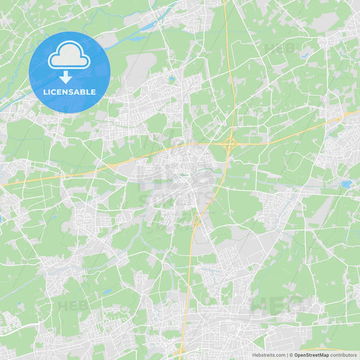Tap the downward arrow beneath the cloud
[x=66, y=77]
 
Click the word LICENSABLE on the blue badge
[x=69, y=91]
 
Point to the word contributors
[x=344, y=355]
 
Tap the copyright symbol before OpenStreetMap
[x=290, y=355]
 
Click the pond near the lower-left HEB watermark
[x=107, y=292]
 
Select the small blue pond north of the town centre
[x=172, y=78]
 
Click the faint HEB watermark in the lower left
[x=74, y=305]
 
